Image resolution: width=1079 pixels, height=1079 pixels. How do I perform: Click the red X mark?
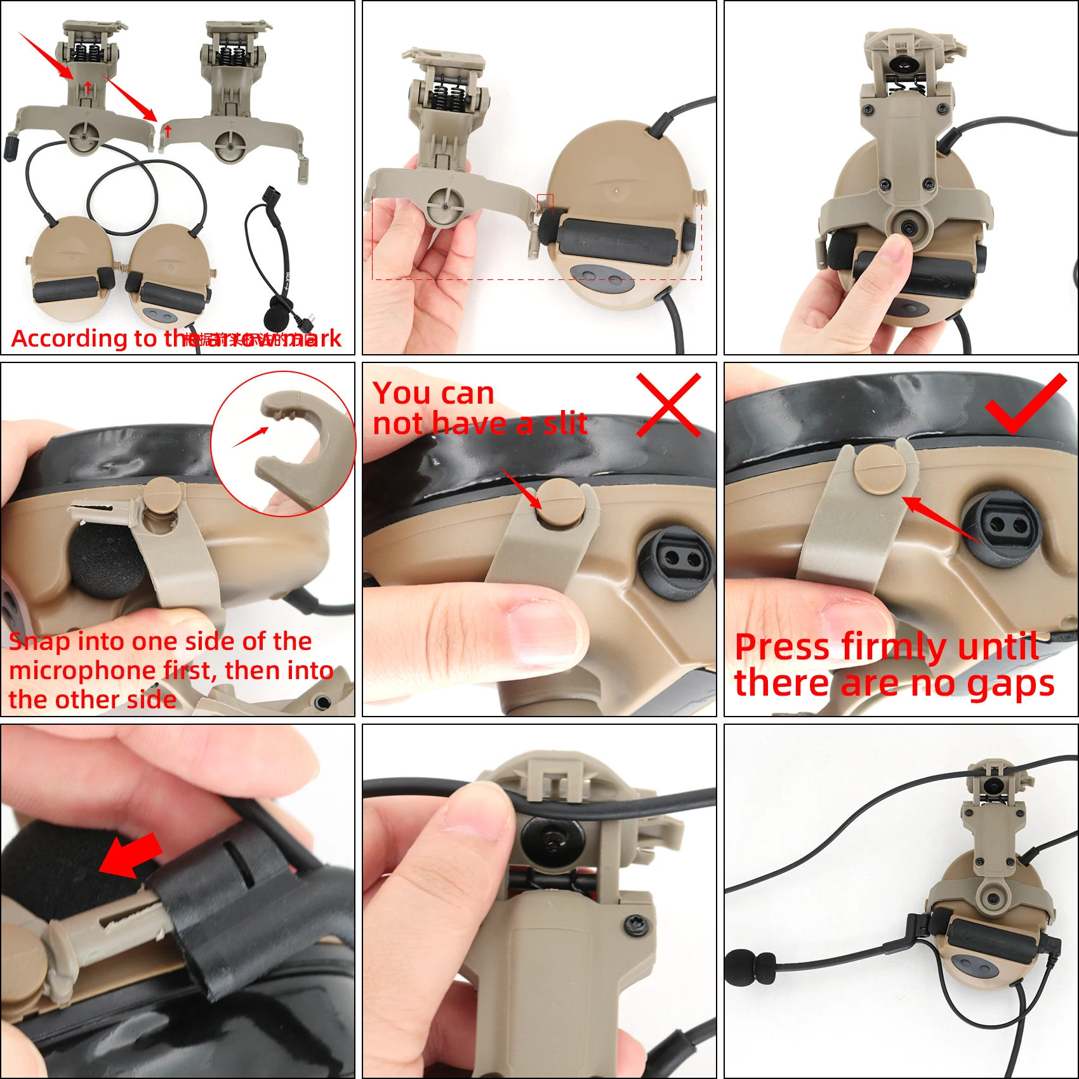click(668, 405)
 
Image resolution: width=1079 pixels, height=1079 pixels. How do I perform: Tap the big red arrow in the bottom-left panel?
click(131, 856)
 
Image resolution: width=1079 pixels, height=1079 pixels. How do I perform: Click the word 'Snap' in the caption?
click(39, 642)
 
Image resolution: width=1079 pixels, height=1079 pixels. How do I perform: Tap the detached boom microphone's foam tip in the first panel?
click(275, 317)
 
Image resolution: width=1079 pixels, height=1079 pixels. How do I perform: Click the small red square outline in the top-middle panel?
click(545, 204)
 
